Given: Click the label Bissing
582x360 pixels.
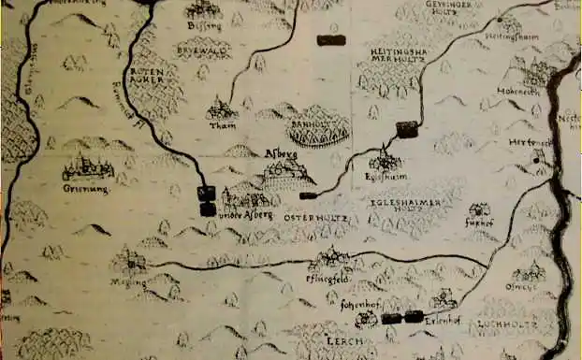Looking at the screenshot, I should (204, 26).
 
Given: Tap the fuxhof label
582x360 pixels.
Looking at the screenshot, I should (479, 224).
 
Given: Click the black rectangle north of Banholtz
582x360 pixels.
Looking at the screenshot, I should (328, 40).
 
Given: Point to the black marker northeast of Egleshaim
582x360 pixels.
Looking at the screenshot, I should (407, 129).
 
